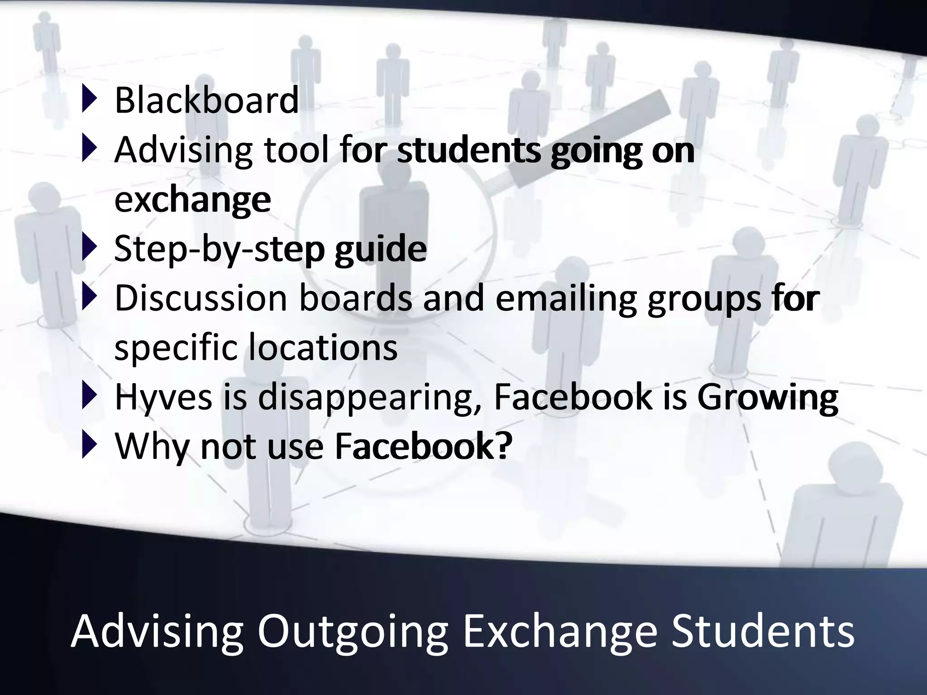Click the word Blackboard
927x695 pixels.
tap(206, 100)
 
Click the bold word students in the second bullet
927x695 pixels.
tap(469, 150)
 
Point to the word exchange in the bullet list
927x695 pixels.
tap(192, 200)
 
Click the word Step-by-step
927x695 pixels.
tap(220, 249)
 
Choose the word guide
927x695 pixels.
tap(380, 249)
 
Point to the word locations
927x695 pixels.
tap(323, 347)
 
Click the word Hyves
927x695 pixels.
tap(163, 397)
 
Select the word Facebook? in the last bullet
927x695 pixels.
tap(423, 447)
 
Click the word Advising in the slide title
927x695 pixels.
tap(157, 632)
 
